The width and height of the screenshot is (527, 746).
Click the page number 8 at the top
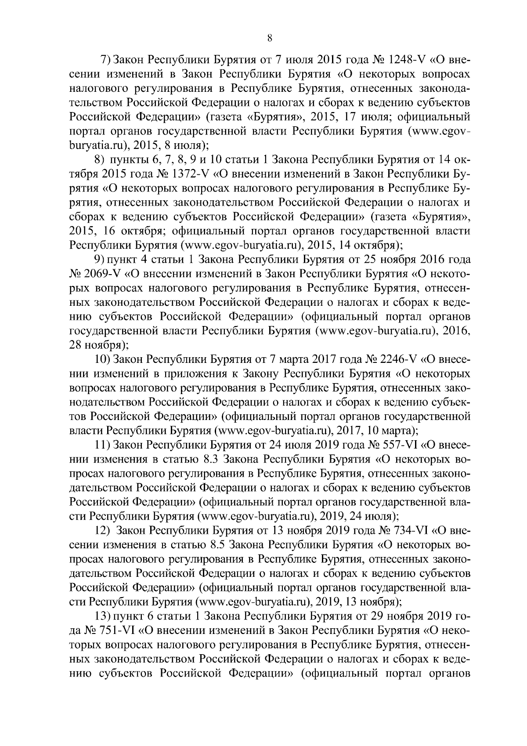270,38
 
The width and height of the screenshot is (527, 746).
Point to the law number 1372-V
189,174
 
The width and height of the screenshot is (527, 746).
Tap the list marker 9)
104,260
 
